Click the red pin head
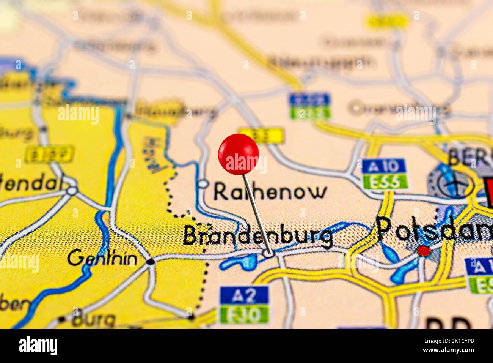coord(239,154)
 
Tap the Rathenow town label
coord(270,192)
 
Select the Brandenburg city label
coord(258,236)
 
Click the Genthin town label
coord(102,259)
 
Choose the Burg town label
coord(94,320)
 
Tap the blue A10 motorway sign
coord(383,166)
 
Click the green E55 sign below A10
coord(385,182)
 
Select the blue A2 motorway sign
coord(244,295)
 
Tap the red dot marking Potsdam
coord(423,250)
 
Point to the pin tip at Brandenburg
coord(270,253)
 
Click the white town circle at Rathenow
coord(204,184)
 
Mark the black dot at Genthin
coord(151,261)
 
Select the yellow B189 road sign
coord(49,154)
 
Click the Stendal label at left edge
coord(30,184)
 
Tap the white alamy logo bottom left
coord(38,346)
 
